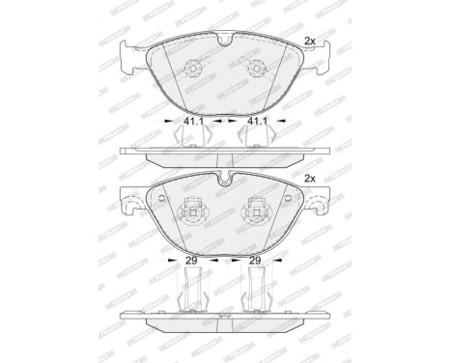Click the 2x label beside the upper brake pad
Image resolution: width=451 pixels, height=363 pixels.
point(311,41)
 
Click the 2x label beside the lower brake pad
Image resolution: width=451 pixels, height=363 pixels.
point(311,179)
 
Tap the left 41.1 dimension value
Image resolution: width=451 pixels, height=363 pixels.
point(192,123)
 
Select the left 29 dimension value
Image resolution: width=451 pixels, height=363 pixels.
point(193,262)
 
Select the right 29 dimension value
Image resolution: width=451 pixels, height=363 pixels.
point(256,262)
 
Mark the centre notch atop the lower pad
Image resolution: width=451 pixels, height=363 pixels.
point(224,179)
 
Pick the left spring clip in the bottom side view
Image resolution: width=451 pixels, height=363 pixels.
point(193,287)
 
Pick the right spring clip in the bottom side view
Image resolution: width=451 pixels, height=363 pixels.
point(256,287)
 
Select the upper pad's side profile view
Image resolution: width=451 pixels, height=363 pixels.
point(224,154)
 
